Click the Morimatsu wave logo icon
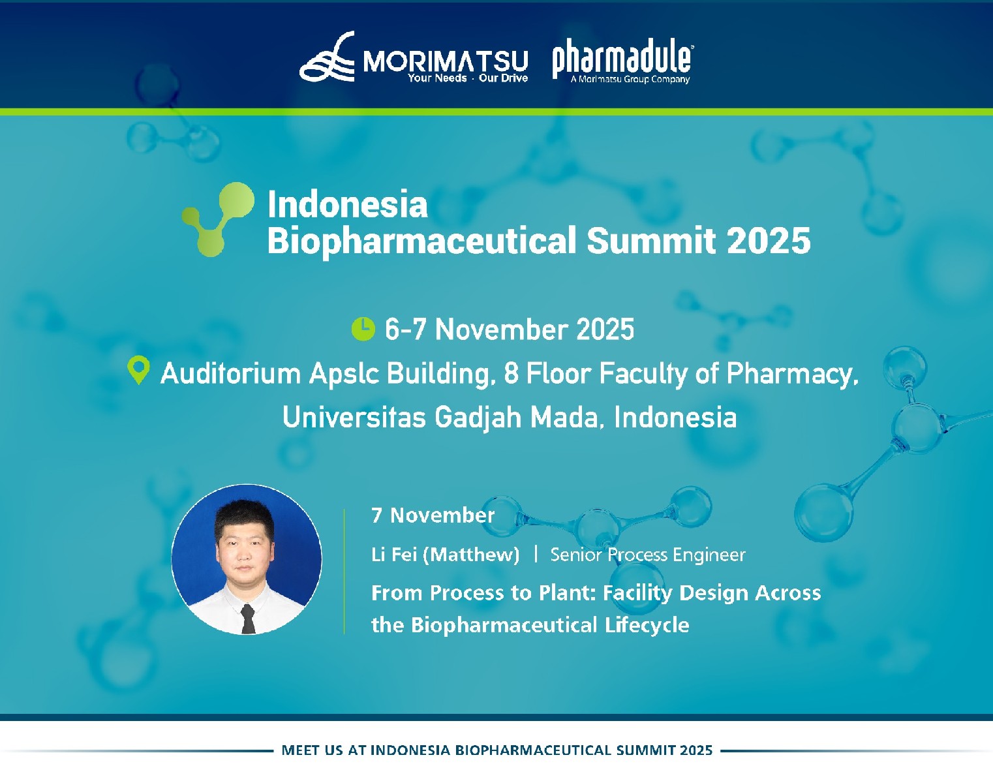point(327,57)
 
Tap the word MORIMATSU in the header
point(445,61)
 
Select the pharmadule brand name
point(622,59)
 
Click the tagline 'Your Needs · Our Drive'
point(467,78)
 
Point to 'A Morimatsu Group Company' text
point(630,80)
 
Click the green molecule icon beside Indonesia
point(218,218)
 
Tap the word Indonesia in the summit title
point(347,204)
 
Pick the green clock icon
point(363,329)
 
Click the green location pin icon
point(138,370)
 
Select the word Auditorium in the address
point(230,374)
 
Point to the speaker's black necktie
point(248,619)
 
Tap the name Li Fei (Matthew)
point(445,555)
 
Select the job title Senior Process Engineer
point(647,555)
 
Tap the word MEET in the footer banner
point(301,750)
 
